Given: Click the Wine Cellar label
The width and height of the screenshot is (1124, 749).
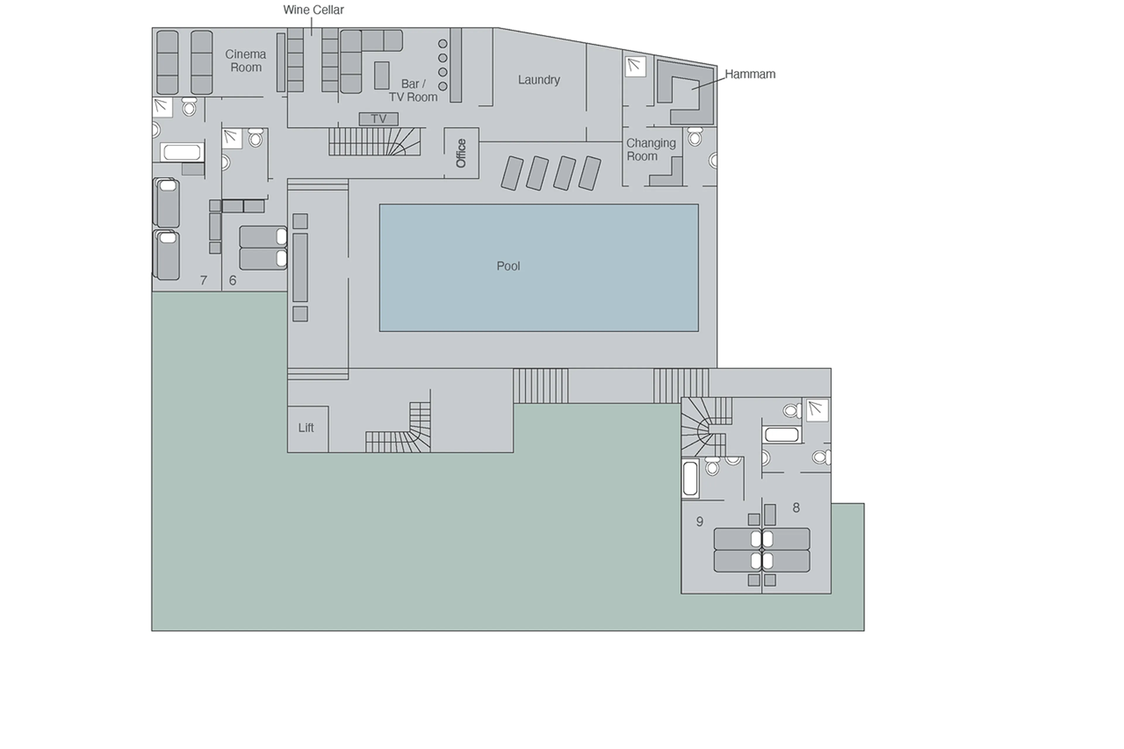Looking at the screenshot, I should click(313, 10).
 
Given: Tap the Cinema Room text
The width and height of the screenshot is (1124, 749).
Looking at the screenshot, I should click(246, 61).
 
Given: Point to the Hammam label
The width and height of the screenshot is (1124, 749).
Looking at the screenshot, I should click(750, 74).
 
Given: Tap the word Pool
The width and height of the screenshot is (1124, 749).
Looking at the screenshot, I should click(508, 266).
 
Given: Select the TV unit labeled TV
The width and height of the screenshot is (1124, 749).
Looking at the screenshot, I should click(378, 119).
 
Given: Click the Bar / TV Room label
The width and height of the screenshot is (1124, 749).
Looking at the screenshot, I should click(413, 90).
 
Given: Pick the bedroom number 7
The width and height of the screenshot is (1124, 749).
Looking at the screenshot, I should click(203, 280).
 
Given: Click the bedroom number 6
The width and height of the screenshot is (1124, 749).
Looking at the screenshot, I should click(233, 280).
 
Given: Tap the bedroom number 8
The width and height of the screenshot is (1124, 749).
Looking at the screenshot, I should click(796, 508).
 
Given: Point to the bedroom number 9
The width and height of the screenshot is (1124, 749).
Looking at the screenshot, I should click(699, 522).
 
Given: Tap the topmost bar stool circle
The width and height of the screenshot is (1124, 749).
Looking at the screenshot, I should click(442, 44).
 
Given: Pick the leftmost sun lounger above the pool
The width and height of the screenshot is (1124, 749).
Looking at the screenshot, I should click(512, 173).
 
